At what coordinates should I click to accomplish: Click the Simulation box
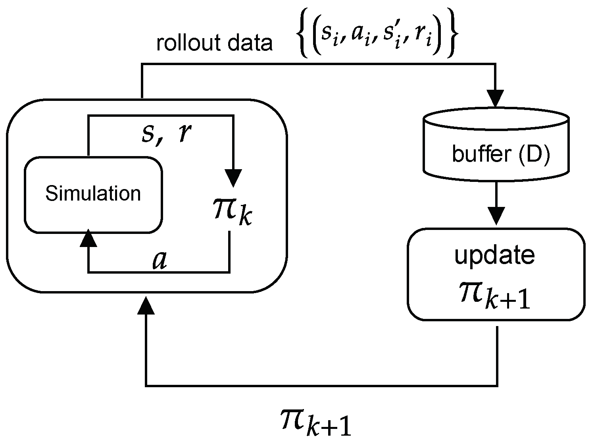point(93,194)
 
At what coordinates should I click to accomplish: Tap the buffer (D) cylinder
point(496,151)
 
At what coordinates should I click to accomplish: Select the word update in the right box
point(494,256)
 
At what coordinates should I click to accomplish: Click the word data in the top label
point(252,43)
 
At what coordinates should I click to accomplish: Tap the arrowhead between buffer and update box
point(496,215)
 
